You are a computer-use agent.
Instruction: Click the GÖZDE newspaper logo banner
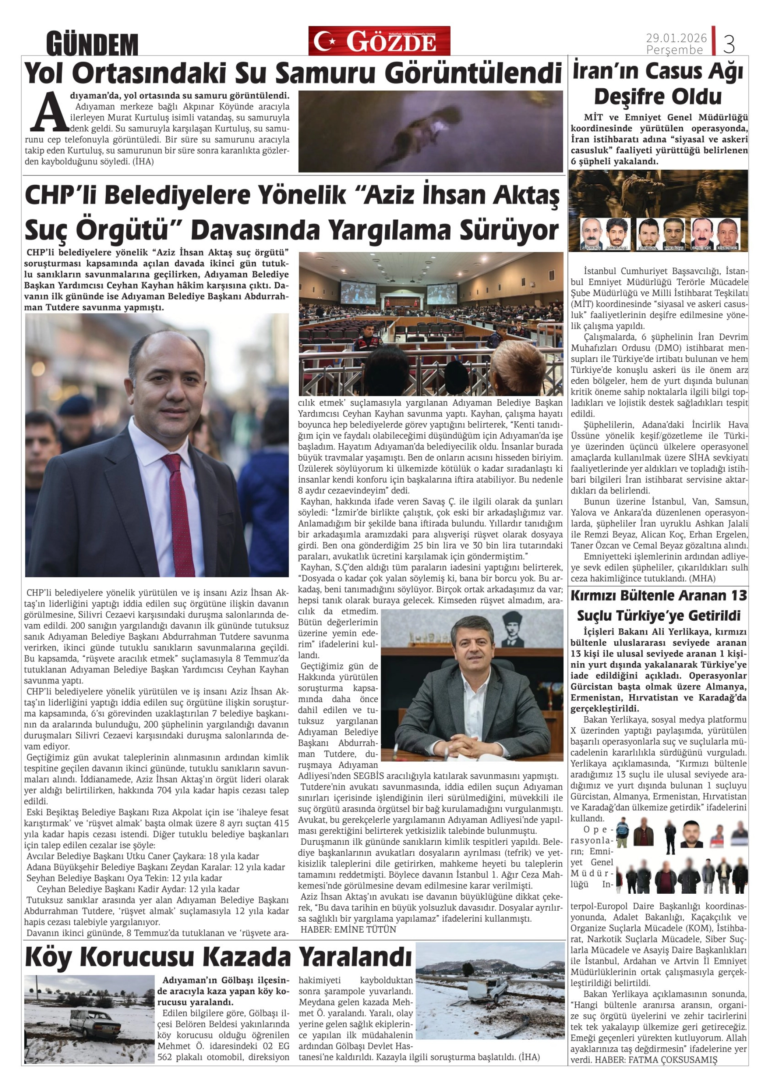[379, 41]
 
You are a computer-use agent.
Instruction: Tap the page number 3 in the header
[729, 44]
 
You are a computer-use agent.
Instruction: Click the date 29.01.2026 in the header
[676, 38]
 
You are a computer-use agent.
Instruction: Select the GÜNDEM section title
[92, 45]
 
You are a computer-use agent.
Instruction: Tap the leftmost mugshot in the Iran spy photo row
[590, 233]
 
